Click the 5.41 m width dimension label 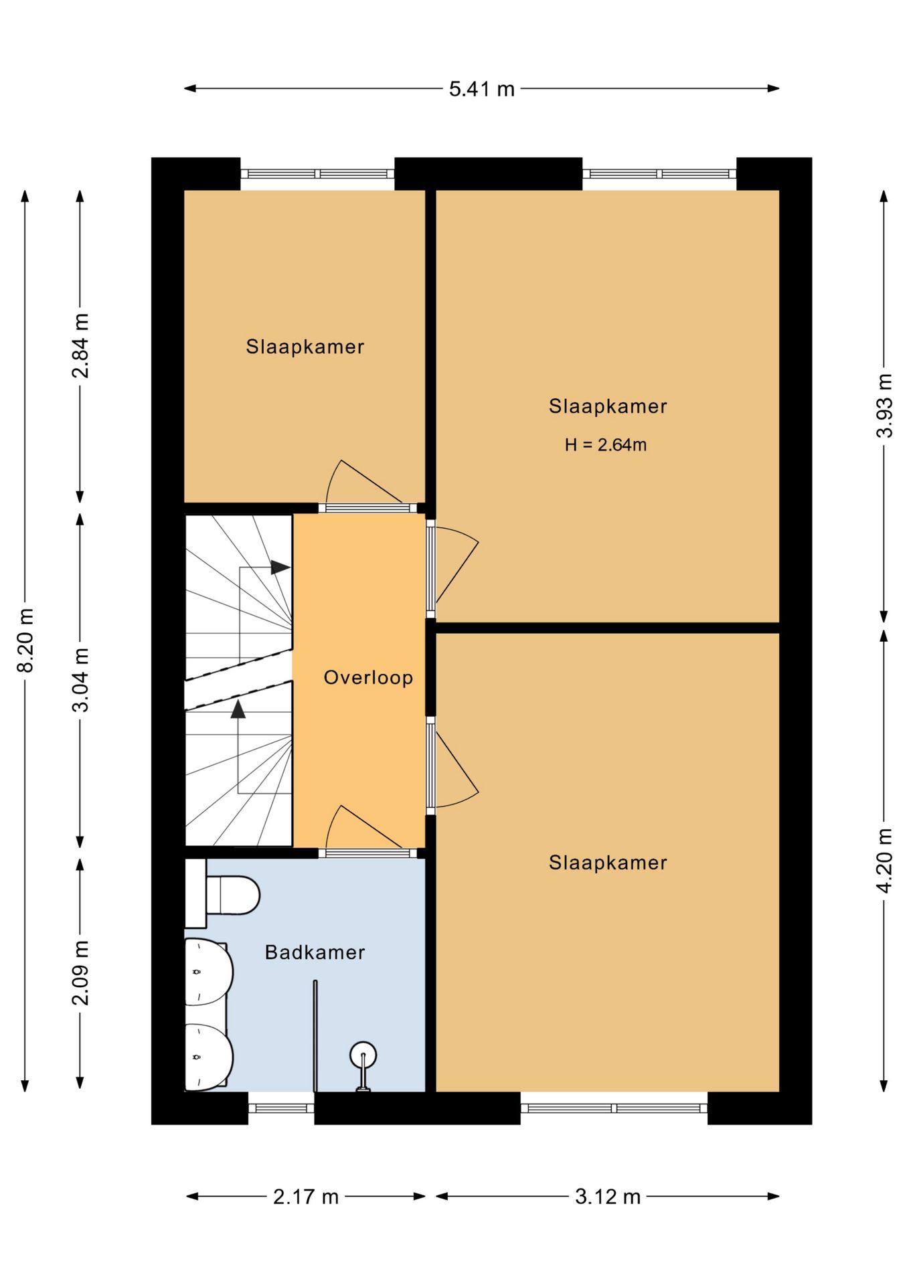(481, 88)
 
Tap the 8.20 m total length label (25, 640)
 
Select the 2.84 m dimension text (80, 345)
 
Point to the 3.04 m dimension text (80, 680)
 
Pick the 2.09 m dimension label (80, 972)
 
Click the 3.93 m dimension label (884, 406)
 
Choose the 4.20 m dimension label (884, 860)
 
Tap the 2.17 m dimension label (306, 1197)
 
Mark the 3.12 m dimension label (608, 1197)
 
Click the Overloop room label (368, 677)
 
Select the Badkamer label (315, 952)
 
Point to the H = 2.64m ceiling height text (605, 445)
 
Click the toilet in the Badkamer (222, 895)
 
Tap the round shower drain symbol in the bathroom (363, 1055)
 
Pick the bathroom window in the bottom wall (281, 1108)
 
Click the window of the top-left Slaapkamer (317, 174)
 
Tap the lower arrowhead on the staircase (238, 709)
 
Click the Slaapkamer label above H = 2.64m (608, 406)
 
